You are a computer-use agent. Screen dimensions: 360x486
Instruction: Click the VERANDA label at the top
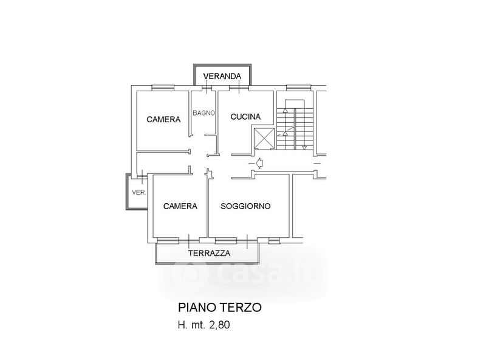pos(222,76)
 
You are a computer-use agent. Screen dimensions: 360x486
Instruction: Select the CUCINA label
pos(245,117)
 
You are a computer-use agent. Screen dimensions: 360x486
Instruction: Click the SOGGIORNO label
pos(245,206)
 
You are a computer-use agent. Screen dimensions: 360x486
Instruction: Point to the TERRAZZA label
pos(209,254)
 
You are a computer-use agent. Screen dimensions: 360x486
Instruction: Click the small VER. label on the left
pos(139,192)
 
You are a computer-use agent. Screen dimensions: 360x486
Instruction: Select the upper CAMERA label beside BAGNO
pos(163,119)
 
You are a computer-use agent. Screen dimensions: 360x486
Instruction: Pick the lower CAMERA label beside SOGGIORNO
pos(180,206)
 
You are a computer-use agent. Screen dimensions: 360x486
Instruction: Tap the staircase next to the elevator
pos(295,125)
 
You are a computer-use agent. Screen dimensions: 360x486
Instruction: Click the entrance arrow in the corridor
pos(259,162)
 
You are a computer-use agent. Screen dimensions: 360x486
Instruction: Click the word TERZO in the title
pos(245,308)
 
